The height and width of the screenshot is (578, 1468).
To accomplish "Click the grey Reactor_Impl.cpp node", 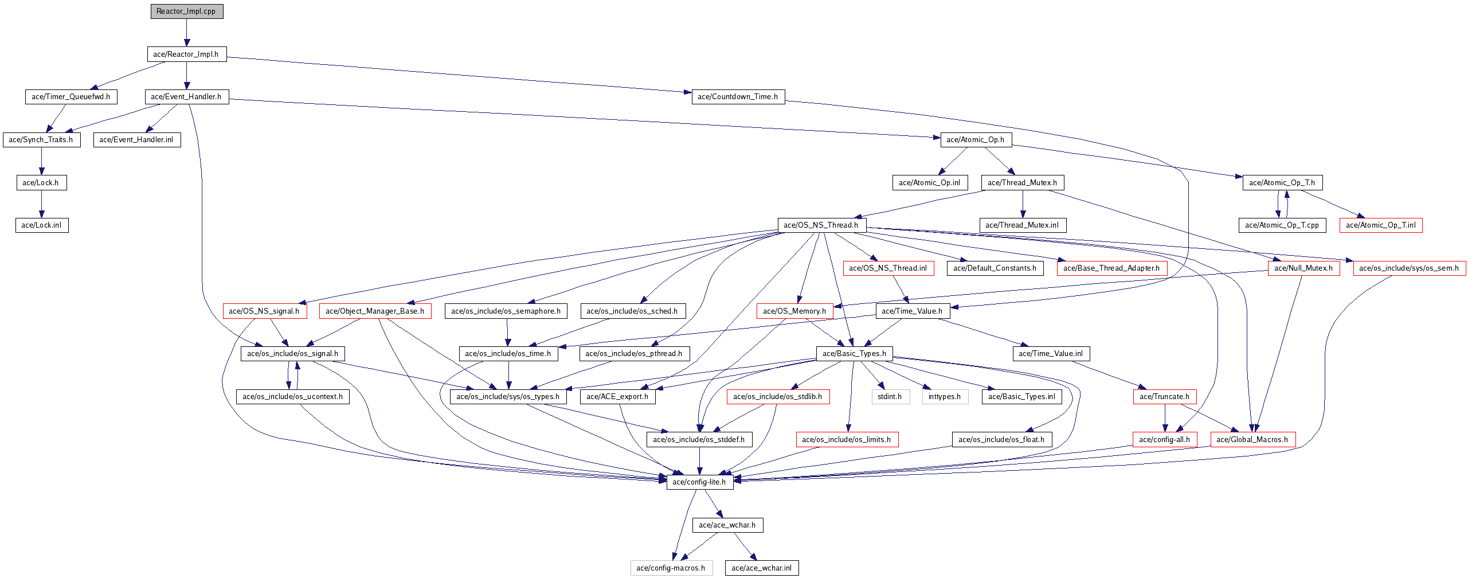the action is pos(187,11).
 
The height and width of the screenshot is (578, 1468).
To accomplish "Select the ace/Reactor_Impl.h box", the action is pos(187,54).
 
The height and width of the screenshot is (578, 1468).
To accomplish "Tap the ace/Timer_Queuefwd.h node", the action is pos(71,97).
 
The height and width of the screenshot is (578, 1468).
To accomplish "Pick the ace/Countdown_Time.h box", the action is pos(738,97).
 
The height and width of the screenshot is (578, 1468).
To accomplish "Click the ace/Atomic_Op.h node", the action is pos(976,139).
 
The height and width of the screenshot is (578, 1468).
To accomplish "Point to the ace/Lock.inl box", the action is pos(42,225).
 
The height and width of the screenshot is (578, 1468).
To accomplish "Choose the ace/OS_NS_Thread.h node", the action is pos(821,225).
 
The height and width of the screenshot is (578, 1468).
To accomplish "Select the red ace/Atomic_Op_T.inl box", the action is pos(1381,225).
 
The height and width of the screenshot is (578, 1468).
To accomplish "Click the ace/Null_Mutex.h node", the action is pos(1304,268).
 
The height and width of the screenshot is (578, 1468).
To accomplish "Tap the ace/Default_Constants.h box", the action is pos(995,268).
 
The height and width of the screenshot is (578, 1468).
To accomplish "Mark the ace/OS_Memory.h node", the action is pos(795,311).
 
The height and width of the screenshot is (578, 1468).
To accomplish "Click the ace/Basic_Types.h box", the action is pos(854,354).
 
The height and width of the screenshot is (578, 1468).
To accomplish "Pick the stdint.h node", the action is pos(890,397).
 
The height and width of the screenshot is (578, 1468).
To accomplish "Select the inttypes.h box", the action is pos(945,397).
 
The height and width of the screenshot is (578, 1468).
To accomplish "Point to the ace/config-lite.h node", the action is pos(700,482).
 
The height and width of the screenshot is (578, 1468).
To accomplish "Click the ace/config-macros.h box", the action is pos(671,568).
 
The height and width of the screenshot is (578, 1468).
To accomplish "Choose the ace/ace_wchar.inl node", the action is pos(762,568).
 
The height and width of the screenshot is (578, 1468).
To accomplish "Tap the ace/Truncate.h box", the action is pos(1165,397).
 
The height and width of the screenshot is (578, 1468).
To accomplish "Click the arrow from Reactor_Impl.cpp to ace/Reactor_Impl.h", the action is pos(187,33).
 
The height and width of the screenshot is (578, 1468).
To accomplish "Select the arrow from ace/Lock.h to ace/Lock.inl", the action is pos(41,204).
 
